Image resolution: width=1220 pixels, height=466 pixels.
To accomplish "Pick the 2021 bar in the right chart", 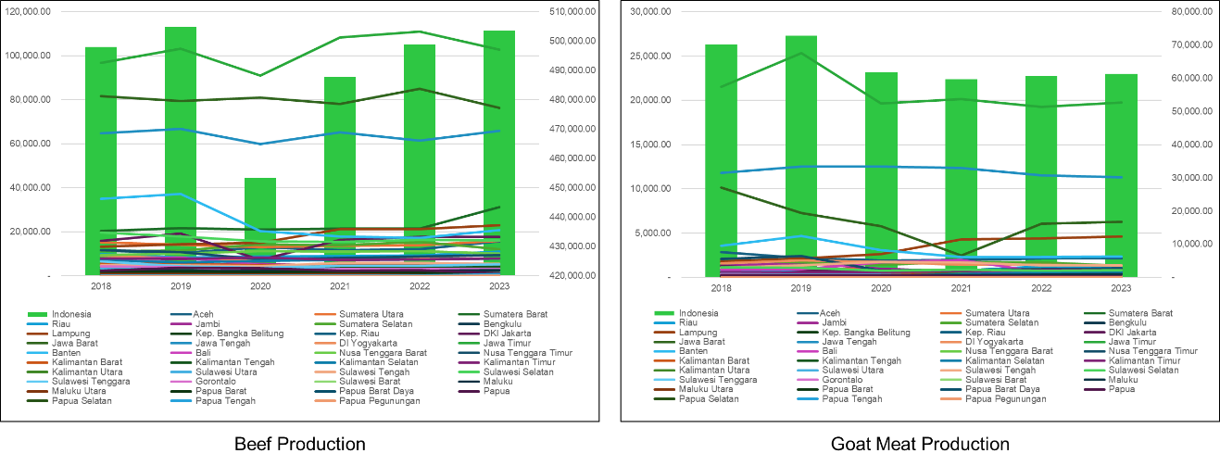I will tap(961, 177).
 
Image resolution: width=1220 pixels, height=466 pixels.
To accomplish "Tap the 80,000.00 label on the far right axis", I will tap(1193, 11).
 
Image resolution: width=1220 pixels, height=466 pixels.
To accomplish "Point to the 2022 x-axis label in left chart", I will tap(420, 287).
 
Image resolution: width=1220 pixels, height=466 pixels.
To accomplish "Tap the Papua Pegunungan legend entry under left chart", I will tap(380, 400).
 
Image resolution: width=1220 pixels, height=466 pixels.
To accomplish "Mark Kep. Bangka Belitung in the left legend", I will tap(233, 333).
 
